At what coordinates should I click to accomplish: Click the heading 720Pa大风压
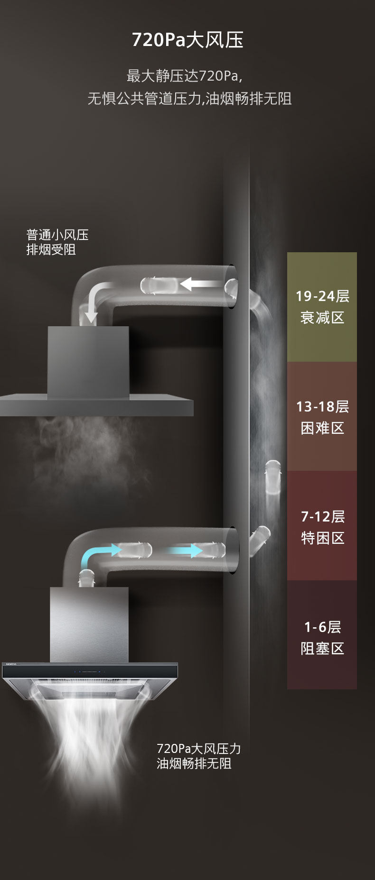(187, 40)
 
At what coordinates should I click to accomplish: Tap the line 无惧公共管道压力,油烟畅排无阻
(189, 99)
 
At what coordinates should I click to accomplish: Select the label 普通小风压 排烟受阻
(57, 242)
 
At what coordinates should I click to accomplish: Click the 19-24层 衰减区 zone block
(322, 307)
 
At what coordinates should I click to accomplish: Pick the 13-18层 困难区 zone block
(322, 416)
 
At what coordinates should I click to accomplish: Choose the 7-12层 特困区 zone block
(322, 526)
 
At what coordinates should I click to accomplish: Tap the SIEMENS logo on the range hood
(10, 664)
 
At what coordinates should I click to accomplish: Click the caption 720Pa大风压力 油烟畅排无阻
(199, 756)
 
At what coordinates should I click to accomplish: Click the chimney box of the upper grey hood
(88, 360)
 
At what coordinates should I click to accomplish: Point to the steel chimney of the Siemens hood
(89, 623)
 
